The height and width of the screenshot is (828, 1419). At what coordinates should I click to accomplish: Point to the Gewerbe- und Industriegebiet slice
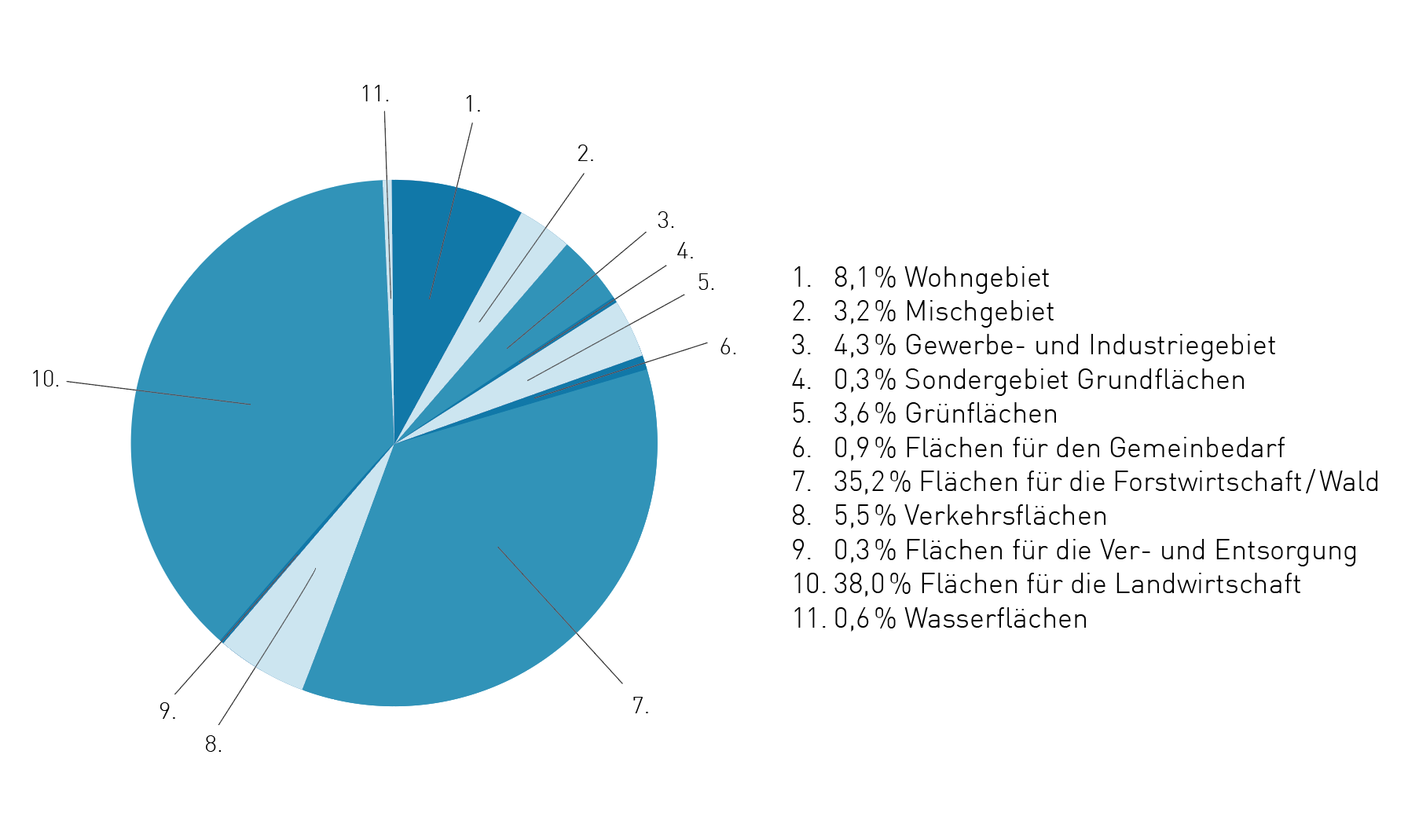tap(542, 314)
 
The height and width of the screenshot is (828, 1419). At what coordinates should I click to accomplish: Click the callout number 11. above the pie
tap(375, 94)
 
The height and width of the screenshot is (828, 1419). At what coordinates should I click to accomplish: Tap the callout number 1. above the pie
tap(472, 104)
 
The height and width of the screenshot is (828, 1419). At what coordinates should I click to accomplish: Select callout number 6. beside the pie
tap(728, 347)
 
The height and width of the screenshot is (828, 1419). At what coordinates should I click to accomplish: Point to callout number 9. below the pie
tap(167, 711)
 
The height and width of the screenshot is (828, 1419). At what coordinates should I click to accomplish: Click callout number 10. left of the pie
tap(46, 379)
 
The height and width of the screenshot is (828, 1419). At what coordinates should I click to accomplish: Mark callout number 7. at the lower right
tap(640, 705)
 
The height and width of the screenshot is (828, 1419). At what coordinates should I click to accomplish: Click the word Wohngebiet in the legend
tap(977, 277)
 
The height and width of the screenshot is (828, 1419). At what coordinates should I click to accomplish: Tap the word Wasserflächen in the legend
tap(995, 618)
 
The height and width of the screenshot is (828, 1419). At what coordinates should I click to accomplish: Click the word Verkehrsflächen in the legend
tap(1006, 515)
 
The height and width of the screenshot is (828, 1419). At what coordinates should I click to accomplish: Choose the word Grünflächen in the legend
tap(981, 413)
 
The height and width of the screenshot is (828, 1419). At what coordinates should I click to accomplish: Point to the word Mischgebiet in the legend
tap(979, 311)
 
